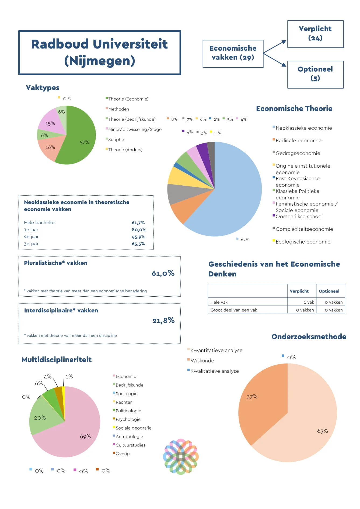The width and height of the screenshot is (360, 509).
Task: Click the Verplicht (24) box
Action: (x=315, y=34)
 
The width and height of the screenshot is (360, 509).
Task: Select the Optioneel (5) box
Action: (x=315, y=74)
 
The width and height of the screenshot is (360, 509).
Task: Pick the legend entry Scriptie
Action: (x=116, y=140)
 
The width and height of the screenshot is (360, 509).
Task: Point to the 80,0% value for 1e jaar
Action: (x=139, y=230)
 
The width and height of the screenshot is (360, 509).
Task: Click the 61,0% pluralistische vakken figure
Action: (x=163, y=273)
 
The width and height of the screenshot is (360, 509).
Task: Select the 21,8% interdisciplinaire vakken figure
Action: (x=163, y=320)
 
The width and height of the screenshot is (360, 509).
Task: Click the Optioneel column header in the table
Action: (x=329, y=291)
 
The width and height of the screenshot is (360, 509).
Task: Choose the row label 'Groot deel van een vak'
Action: (x=234, y=310)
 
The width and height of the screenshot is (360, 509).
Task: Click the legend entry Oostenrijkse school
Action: (x=299, y=216)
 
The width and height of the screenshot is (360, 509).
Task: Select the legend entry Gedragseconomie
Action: (x=298, y=153)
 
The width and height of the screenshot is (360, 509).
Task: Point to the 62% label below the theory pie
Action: (x=245, y=240)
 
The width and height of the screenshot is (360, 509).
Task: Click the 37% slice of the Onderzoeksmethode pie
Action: (x=258, y=404)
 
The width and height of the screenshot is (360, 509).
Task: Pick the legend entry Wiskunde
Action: (x=202, y=361)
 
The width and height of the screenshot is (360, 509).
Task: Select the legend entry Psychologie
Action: (x=128, y=419)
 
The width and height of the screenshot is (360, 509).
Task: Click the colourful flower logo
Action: (x=181, y=457)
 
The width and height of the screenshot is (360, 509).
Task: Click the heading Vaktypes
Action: (x=43, y=88)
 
